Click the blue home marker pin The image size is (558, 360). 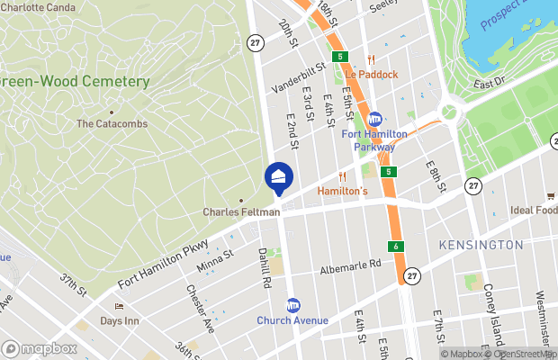tap(279, 176)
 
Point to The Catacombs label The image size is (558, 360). tap(112, 123)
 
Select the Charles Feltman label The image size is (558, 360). tap(240, 212)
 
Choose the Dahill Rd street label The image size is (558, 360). tap(265, 268)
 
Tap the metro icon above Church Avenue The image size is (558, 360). tap(292, 306)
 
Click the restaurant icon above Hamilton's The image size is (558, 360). tap(342, 177)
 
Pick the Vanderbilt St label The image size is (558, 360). tap(299, 76)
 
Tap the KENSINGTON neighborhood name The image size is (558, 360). tap(480, 245)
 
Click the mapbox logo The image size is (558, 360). tap(39, 347)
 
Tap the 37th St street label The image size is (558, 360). tap(74, 285)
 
